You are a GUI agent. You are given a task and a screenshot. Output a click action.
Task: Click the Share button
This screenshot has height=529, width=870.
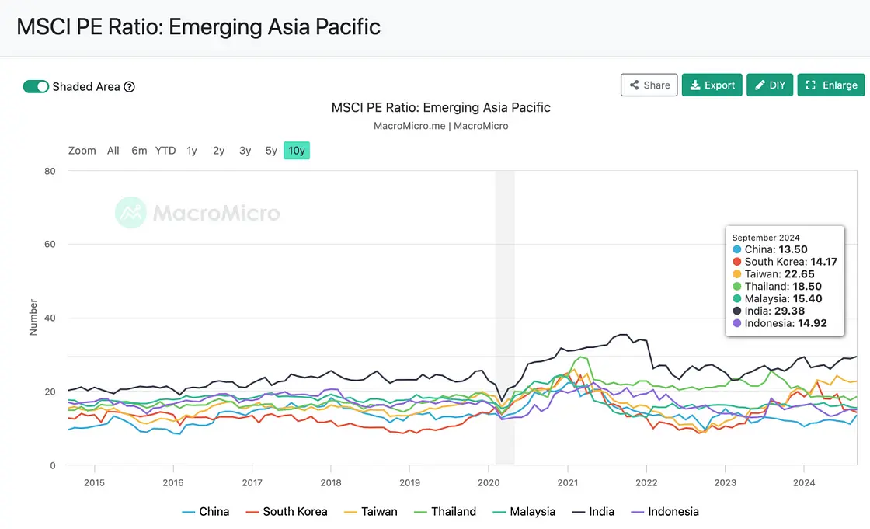[x=649, y=85]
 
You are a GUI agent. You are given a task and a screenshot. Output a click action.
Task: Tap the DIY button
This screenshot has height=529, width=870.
[x=770, y=85]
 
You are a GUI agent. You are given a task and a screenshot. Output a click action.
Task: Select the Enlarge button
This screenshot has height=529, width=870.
[x=831, y=85]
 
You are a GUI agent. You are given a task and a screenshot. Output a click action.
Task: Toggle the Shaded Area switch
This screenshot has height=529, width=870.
[x=36, y=86]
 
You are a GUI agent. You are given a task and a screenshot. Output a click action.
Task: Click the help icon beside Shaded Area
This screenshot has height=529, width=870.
[x=130, y=87]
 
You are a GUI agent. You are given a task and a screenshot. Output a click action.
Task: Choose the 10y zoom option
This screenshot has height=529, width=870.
[x=296, y=151]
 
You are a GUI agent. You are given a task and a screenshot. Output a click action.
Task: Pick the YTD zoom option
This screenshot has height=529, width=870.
[x=165, y=151]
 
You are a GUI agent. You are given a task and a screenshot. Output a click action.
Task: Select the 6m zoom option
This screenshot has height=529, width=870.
[x=139, y=151]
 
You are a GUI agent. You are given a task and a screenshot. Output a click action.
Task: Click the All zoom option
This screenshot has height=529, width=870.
[x=113, y=151]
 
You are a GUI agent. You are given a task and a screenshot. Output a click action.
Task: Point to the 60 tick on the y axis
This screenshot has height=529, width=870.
[x=50, y=245]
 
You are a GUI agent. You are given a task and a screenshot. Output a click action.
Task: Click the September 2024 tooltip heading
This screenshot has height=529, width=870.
[x=766, y=238]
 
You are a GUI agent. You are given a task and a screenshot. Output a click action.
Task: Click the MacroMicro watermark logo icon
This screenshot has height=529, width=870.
[x=130, y=213]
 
